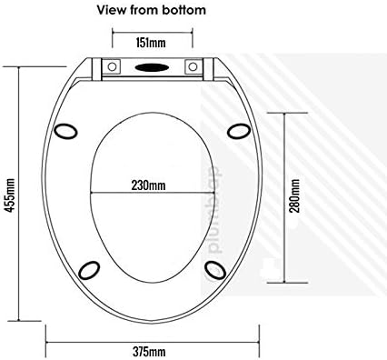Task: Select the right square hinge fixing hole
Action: click(193, 68)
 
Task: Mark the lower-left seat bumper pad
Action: click(90, 269)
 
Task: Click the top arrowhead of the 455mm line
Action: click(20, 65)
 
